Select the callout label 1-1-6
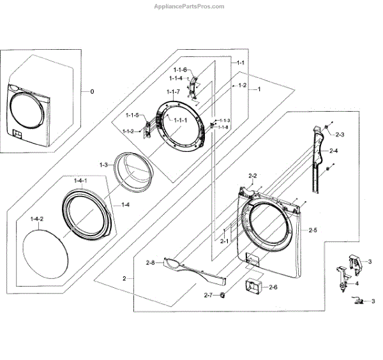pos(180,70)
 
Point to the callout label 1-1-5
pos(132,115)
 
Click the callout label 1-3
pos(103,165)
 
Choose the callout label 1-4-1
pos(81,183)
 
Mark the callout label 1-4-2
pos(36,220)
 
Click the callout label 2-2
pos(252,176)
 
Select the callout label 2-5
pos(312,230)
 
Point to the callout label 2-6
pos(273,287)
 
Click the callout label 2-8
pos(151,262)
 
